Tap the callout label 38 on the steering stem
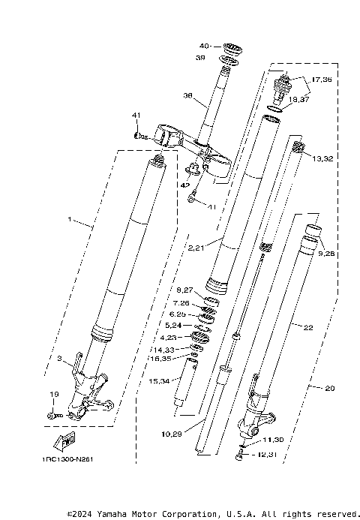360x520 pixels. click(x=187, y=96)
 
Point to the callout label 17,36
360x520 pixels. click(x=321, y=80)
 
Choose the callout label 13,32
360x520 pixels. click(x=323, y=159)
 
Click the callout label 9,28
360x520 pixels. click(x=328, y=254)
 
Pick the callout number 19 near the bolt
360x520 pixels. click(x=54, y=395)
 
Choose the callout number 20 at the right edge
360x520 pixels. click(x=330, y=389)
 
